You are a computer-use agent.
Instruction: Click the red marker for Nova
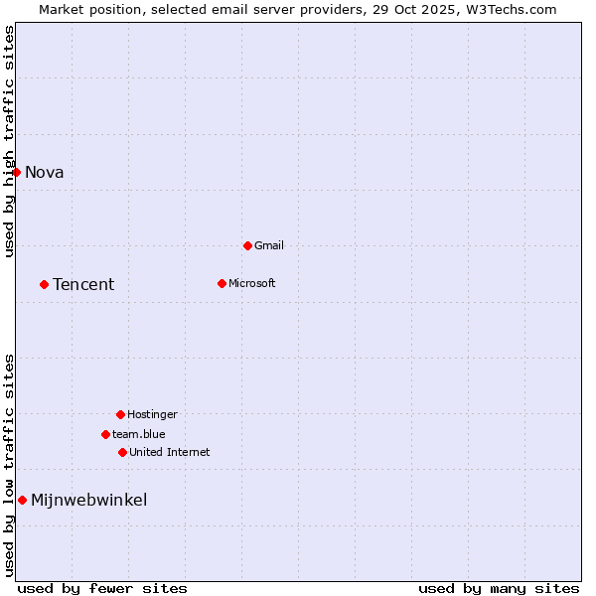(16, 172)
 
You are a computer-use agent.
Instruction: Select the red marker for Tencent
(44, 284)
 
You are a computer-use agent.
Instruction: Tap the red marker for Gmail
(247, 245)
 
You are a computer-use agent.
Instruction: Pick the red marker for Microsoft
(222, 283)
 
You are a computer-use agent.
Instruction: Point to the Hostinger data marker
(120, 414)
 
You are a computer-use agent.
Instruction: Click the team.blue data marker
(105, 434)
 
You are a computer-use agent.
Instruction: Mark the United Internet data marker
(122, 452)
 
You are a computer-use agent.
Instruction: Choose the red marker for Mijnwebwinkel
(22, 500)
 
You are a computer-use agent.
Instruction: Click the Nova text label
(45, 173)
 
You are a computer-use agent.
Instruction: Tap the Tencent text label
(83, 285)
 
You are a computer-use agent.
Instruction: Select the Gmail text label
(269, 246)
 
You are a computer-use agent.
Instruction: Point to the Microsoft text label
(252, 284)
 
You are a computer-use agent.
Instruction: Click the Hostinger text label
(152, 415)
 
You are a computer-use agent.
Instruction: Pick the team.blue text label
(139, 435)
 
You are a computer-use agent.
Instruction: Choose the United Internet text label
(170, 453)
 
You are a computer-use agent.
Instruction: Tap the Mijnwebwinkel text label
(89, 501)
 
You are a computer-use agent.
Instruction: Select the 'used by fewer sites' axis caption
(102, 589)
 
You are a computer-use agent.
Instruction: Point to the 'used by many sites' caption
(499, 589)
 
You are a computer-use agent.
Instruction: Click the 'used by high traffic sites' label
(10, 141)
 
